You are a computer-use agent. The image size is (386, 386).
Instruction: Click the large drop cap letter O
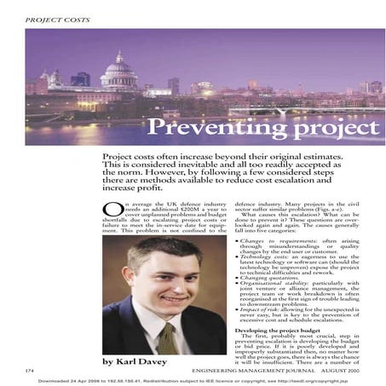coord(108,211)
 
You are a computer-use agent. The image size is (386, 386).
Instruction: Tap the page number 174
coord(31,371)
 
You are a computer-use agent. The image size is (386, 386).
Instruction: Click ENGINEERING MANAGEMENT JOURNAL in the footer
coord(247,371)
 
